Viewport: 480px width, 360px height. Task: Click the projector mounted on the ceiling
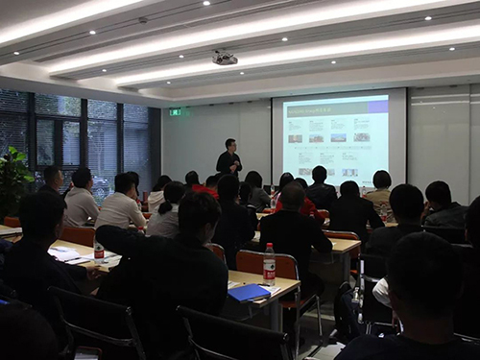pyautogui.click(x=224, y=59)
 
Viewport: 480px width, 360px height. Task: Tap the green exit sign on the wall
pyautogui.click(x=175, y=112)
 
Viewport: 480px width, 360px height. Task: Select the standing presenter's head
pyautogui.click(x=229, y=144)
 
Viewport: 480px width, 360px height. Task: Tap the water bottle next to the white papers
pyautogui.click(x=99, y=252)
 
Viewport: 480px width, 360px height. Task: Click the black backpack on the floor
pyautogui.click(x=348, y=312)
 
